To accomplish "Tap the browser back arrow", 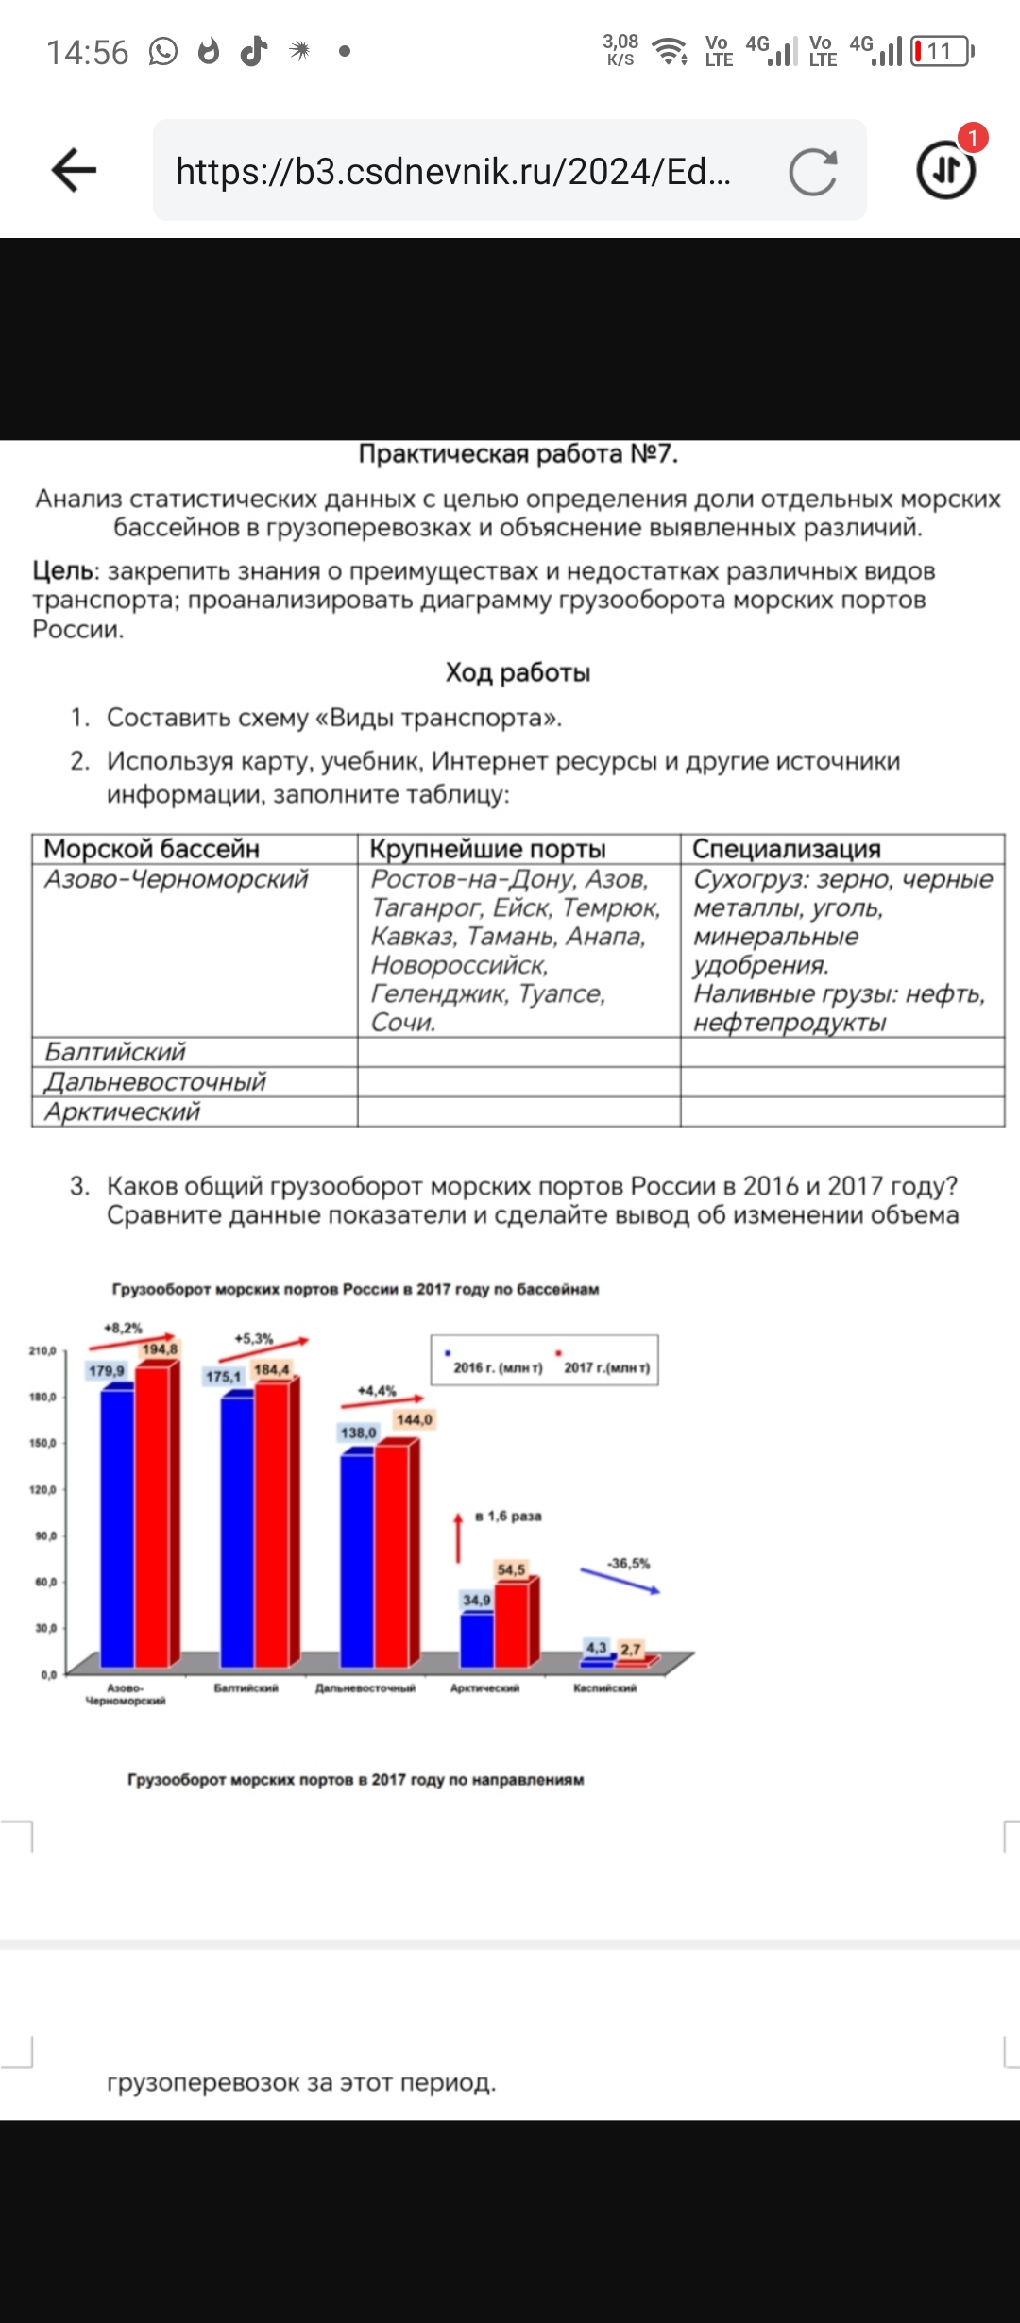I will (74, 170).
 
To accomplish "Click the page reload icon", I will (812, 172).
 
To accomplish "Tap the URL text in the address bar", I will (453, 172).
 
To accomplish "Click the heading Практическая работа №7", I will (518, 454).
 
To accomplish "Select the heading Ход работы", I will (518, 672).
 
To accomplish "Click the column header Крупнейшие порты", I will (487, 849).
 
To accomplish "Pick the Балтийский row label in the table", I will (115, 1052).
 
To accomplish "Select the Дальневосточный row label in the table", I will (156, 1082).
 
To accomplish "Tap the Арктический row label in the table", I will (123, 1111).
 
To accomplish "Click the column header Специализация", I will (786, 849).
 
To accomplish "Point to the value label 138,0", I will (358, 1433).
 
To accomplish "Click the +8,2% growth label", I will (123, 1328).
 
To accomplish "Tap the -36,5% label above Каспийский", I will (628, 1564).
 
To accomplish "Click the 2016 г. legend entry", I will (497, 1367).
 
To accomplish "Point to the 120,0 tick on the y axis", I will (42, 1489).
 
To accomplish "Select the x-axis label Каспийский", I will (604, 1687).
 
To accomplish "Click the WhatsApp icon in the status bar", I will (162, 51).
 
